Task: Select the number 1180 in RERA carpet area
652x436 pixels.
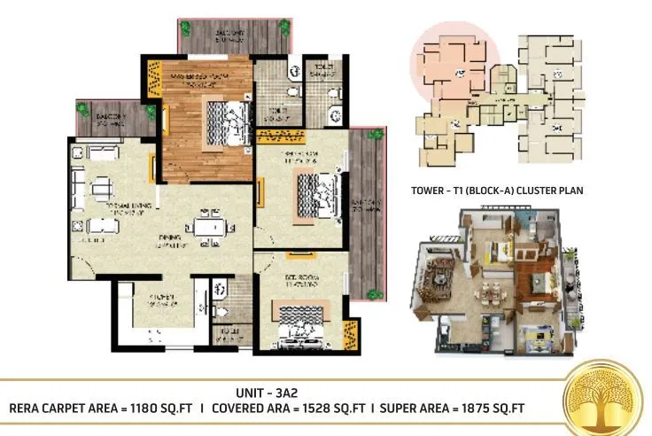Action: pos(158,409)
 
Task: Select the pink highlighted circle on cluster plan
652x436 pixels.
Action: pos(447,66)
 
